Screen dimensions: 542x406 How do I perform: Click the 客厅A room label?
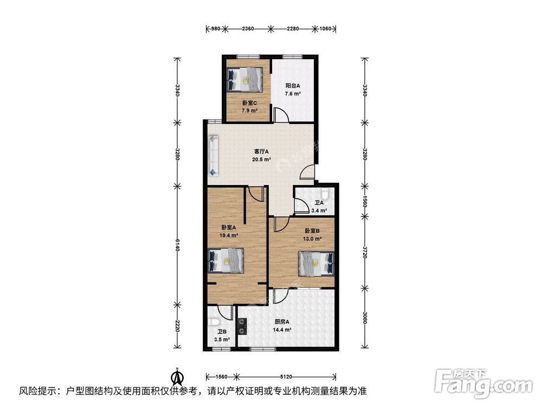tap(261, 152)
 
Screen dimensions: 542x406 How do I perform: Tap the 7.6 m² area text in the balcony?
tap(293, 94)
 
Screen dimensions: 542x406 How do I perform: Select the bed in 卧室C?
tap(245, 80)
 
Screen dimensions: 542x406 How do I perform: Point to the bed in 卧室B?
tap(317, 264)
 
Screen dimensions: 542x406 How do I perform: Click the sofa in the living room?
tap(214, 156)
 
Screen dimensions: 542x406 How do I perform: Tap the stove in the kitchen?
tap(242, 326)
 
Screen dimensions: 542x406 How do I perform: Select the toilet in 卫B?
tap(214, 322)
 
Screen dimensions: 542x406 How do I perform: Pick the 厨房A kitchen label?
tap(282, 322)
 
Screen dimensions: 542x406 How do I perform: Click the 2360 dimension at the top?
tap(248, 29)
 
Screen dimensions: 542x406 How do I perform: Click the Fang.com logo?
tap(484, 383)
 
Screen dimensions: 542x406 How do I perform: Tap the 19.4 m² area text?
tap(229, 236)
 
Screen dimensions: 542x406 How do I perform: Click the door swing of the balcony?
tap(281, 115)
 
